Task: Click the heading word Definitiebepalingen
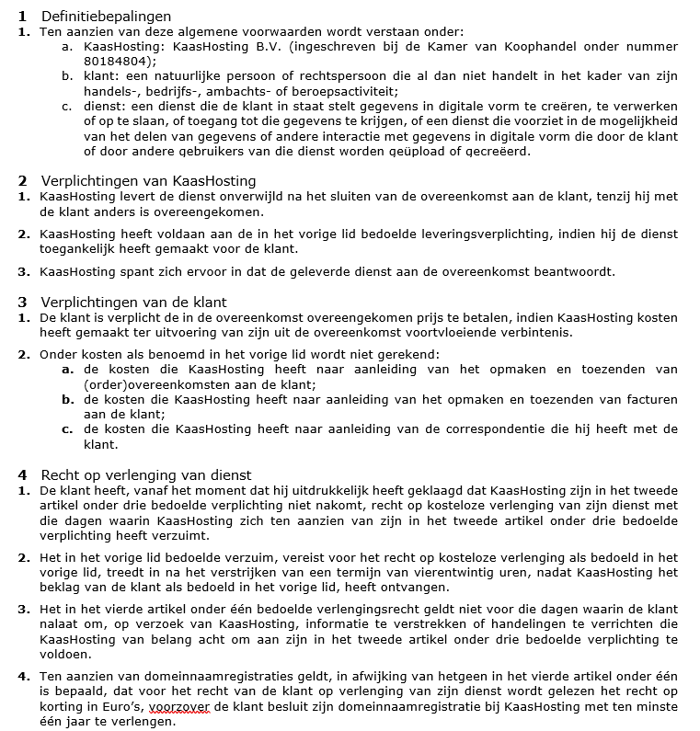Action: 107,17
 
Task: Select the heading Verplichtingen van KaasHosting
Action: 148,181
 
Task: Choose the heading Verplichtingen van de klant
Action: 133,302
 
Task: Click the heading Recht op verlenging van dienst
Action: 146,475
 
